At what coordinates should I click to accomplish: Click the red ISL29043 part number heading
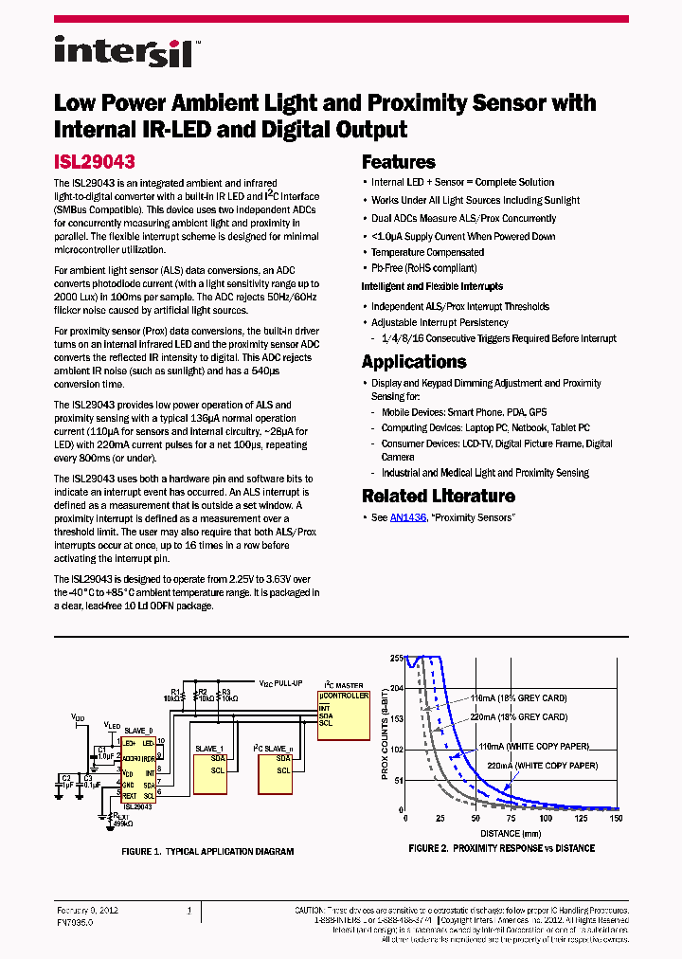click(94, 162)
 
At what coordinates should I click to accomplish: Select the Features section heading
click(399, 162)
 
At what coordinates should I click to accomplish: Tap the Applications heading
click(414, 362)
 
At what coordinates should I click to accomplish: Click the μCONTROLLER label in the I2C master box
click(344, 695)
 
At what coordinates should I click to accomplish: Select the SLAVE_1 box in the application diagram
click(209, 749)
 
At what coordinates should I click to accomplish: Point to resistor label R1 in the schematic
click(175, 691)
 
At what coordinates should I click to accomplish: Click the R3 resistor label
click(225, 691)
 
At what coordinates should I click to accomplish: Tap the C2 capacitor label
click(65, 777)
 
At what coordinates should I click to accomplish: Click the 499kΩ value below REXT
click(121, 824)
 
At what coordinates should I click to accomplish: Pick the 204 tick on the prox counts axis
click(397, 688)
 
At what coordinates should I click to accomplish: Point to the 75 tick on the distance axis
click(511, 819)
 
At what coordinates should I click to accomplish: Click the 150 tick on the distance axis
click(617, 819)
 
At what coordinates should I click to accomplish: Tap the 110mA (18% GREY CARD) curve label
click(518, 699)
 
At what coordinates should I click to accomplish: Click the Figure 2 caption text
click(501, 848)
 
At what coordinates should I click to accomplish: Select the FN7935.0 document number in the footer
click(75, 921)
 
